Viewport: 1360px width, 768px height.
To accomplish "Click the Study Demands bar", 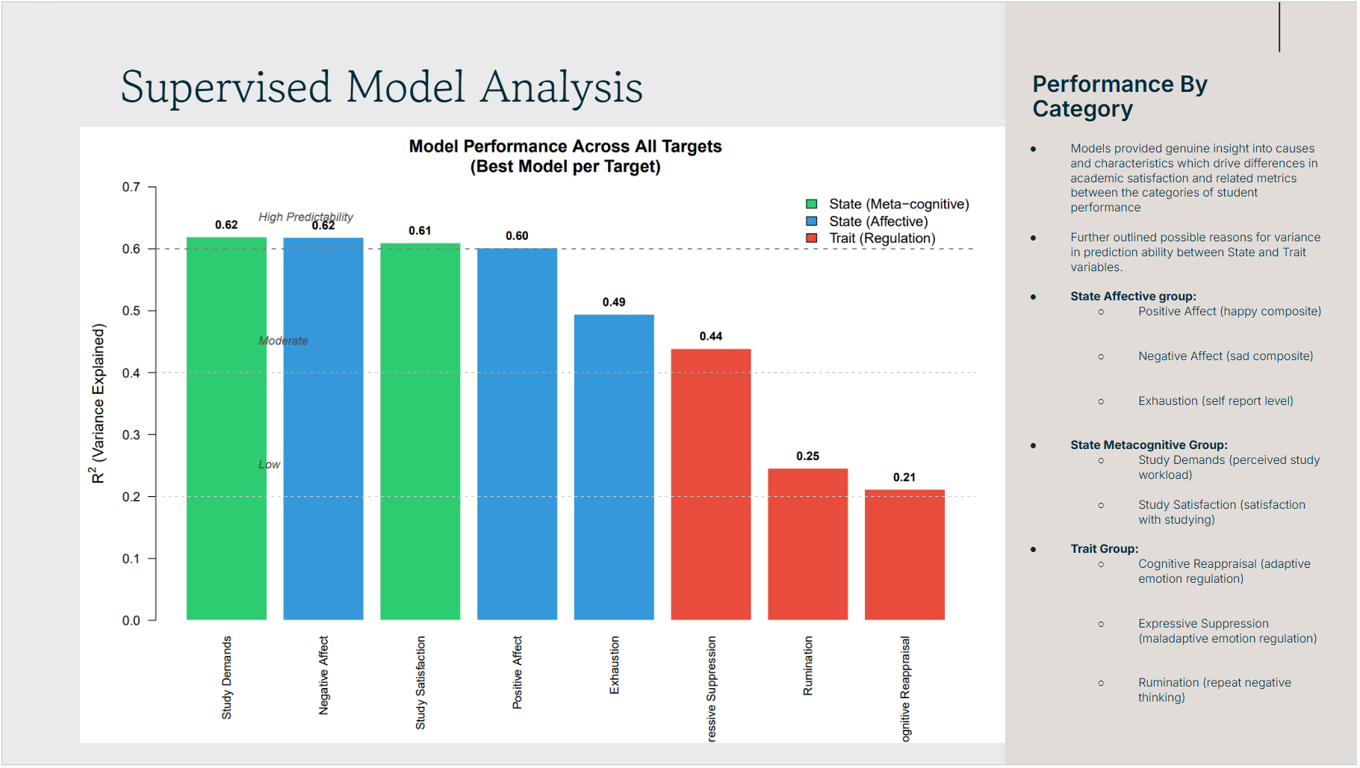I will [226, 428].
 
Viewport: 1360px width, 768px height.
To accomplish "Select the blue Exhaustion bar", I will [614, 467].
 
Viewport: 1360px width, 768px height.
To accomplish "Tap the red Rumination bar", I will [807, 544].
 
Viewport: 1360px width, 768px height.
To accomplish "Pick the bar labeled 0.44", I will [711, 484].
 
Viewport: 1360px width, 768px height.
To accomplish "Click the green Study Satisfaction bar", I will [420, 431].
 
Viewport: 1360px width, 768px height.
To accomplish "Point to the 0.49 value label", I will [614, 302].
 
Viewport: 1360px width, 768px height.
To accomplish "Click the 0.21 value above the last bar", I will [904, 477].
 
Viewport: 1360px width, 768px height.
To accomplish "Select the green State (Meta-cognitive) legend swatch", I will [811, 204].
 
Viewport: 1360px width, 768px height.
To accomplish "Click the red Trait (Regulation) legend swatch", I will [811, 238].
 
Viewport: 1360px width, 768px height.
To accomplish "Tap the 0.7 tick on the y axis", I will [131, 187].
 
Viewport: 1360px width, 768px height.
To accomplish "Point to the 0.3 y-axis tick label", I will [131, 435].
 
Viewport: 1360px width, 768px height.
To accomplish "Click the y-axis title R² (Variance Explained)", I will [99, 403].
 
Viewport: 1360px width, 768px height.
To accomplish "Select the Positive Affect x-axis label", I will [517, 672].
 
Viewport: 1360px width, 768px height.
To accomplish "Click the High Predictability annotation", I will [305, 217].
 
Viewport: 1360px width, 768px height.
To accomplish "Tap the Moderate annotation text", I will [283, 341].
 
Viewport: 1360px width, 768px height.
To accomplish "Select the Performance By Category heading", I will [1119, 96].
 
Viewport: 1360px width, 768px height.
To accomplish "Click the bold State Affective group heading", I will [1133, 297].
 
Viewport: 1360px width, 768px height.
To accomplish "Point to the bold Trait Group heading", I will [1104, 549].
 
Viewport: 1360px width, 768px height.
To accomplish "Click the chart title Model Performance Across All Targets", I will [565, 146].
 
